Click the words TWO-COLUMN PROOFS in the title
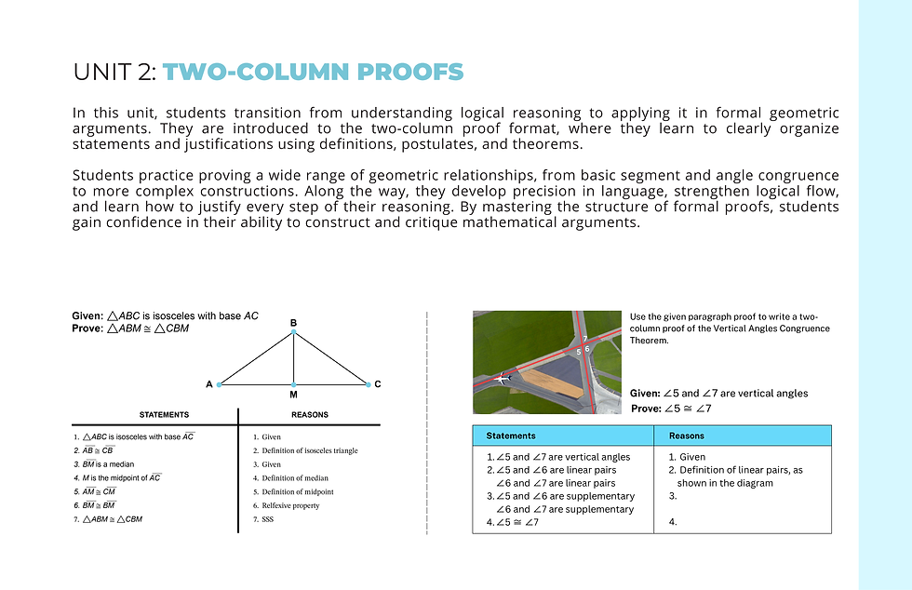313,72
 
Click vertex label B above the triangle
293,322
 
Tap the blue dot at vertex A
220,384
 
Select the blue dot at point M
294,384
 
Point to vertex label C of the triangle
378,384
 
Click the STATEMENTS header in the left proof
164,415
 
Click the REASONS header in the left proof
309,415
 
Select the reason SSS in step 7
268,519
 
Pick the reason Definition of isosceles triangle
309,450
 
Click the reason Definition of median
295,477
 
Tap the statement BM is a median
108,463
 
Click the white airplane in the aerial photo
503,378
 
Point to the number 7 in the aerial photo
585,339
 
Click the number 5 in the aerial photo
579,352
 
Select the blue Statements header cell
563,436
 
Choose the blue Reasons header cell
743,436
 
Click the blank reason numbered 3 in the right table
673,496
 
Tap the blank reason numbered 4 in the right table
673,522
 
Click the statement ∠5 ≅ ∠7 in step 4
517,522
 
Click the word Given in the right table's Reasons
692,457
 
